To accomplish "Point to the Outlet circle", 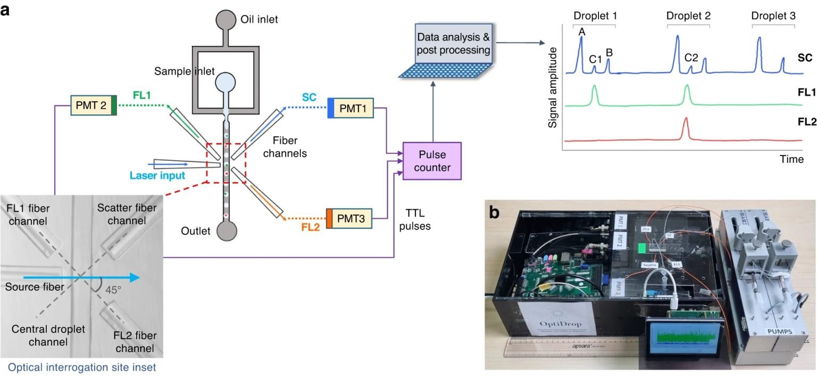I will click(x=226, y=231).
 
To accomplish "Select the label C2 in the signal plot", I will click(x=691, y=57).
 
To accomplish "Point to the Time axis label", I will click(x=791, y=159).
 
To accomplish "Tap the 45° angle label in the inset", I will click(x=113, y=290).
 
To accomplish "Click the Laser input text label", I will click(x=157, y=175).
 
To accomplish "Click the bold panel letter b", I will click(x=494, y=213).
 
